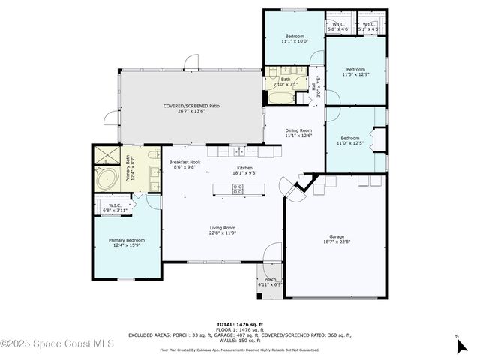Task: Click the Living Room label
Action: coord(223,230)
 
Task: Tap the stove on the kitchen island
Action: coord(238,189)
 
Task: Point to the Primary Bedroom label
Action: coord(126,243)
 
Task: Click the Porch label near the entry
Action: coord(269,280)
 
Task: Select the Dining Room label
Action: coord(298,133)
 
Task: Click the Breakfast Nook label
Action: coord(184,165)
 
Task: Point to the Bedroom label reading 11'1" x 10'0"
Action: coord(293,39)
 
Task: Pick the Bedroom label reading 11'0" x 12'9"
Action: coord(355,71)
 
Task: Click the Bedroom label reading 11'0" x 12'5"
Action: coord(350,140)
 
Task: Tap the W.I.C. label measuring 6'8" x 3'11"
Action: coord(115,208)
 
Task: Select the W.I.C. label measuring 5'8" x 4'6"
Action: coord(339,26)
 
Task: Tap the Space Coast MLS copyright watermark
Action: coord(57,343)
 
